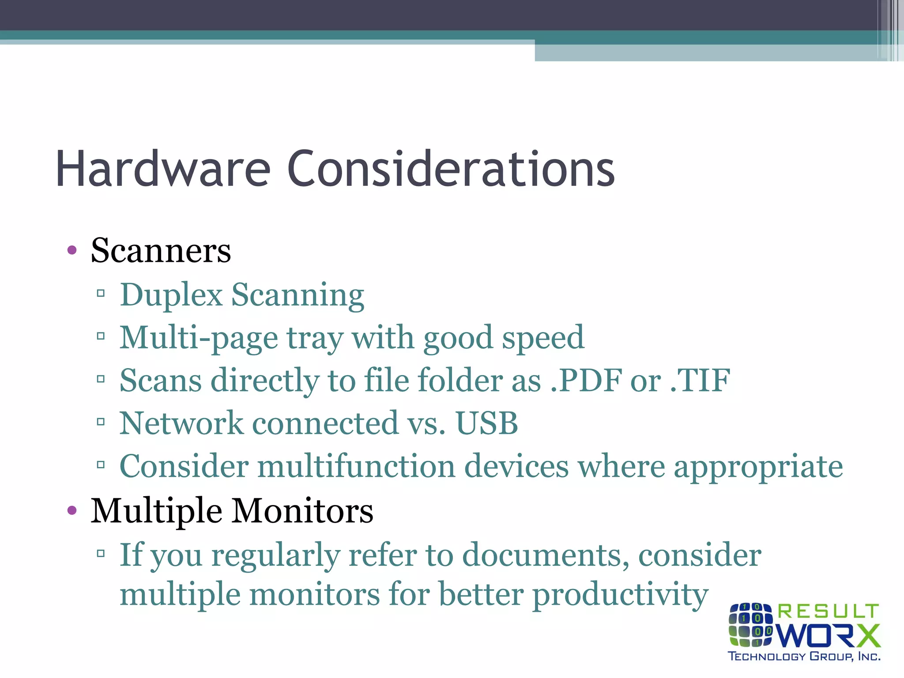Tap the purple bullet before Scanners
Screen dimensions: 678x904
72,251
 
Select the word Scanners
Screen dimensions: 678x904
161,251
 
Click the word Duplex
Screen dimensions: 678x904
171,295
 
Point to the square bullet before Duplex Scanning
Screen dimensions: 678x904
101,293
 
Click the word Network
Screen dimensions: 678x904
181,423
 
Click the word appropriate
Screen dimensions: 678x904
758,467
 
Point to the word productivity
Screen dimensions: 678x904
620,595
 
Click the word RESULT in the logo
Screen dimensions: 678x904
828,612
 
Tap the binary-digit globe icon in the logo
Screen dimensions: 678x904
750,625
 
